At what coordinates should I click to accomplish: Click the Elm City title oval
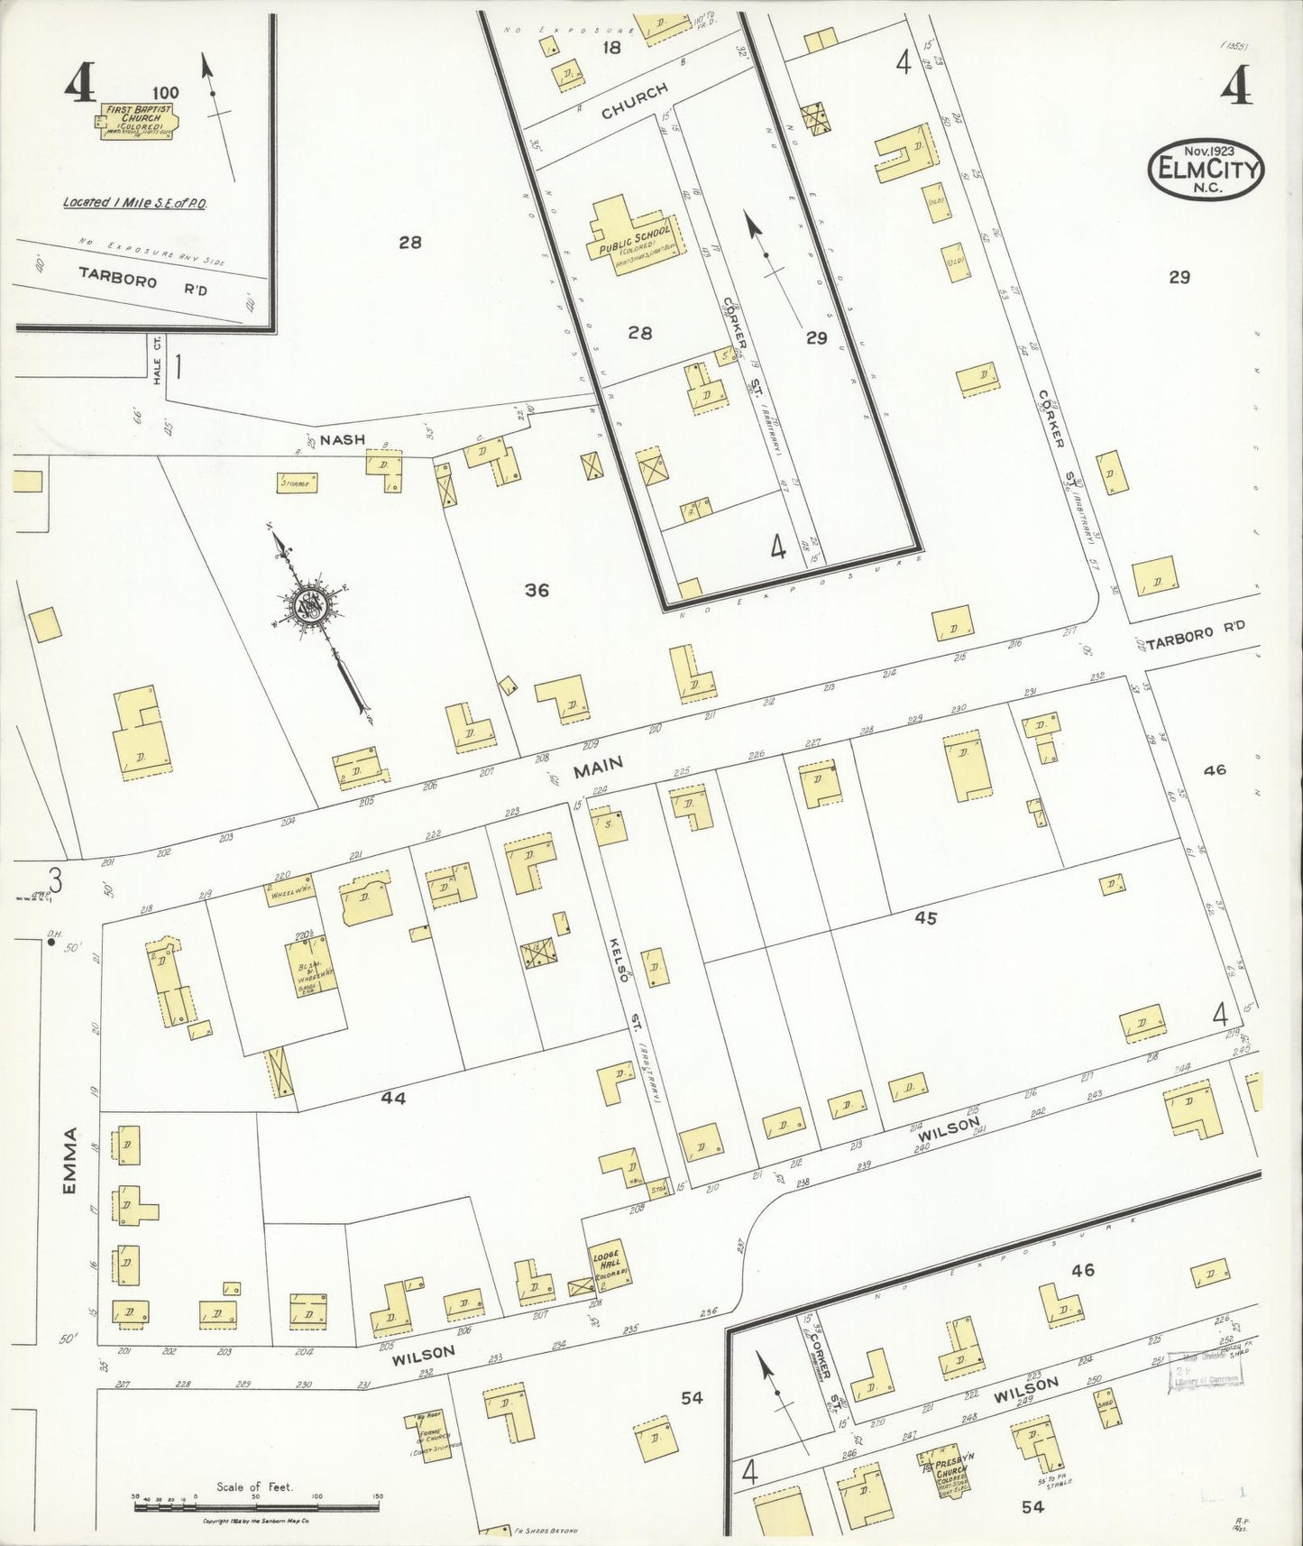pyautogui.click(x=1206, y=169)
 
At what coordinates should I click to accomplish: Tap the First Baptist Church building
pyautogui.click(x=134, y=121)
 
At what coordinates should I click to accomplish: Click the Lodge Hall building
pyautogui.click(x=610, y=1265)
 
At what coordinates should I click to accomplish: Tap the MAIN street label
pyautogui.click(x=599, y=766)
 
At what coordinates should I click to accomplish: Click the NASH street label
pyautogui.click(x=343, y=439)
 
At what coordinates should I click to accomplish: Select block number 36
pyautogui.click(x=537, y=590)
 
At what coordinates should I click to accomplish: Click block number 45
pyautogui.click(x=925, y=918)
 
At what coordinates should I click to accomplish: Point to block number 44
pyautogui.click(x=393, y=1098)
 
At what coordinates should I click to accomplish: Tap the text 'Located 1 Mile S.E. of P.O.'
pyautogui.click(x=135, y=203)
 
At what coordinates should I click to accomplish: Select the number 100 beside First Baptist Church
pyautogui.click(x=165, y=92)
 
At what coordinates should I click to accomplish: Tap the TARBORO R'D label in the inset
pyautogui.click(x=142, y=280)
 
